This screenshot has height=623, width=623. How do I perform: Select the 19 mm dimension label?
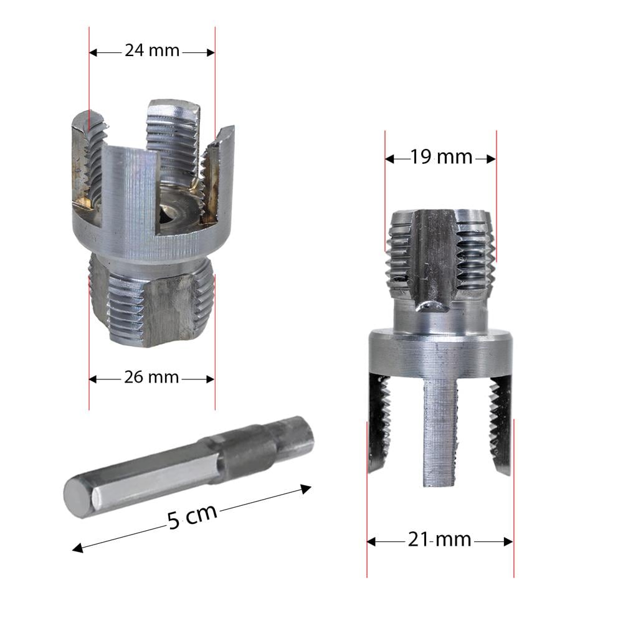point(441,158)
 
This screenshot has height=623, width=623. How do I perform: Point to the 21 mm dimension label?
point(440,540)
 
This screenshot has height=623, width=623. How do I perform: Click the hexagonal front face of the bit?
point(79,497)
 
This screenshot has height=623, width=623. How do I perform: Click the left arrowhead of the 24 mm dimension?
point(93,52)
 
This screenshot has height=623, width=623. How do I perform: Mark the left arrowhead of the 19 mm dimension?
point(389,159)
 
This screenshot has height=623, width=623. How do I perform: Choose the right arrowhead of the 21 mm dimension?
point(509,541)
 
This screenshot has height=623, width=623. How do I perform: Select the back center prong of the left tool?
point(173,137)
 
